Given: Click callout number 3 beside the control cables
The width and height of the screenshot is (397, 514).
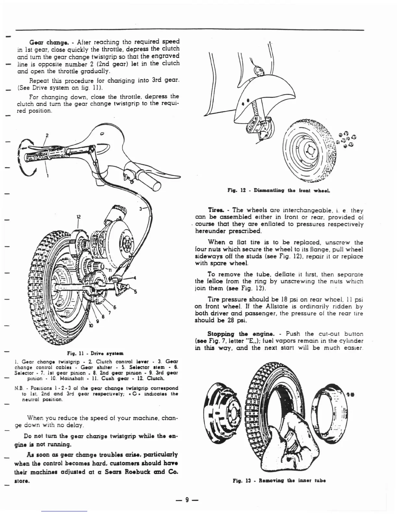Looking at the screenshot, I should pyautogui.click(x=141, y=209).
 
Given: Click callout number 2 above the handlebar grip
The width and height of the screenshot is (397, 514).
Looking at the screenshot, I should pyautogui.click(x=47, y=135).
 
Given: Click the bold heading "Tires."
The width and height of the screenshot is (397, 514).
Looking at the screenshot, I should pyautogui.click(x=214, y=210).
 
